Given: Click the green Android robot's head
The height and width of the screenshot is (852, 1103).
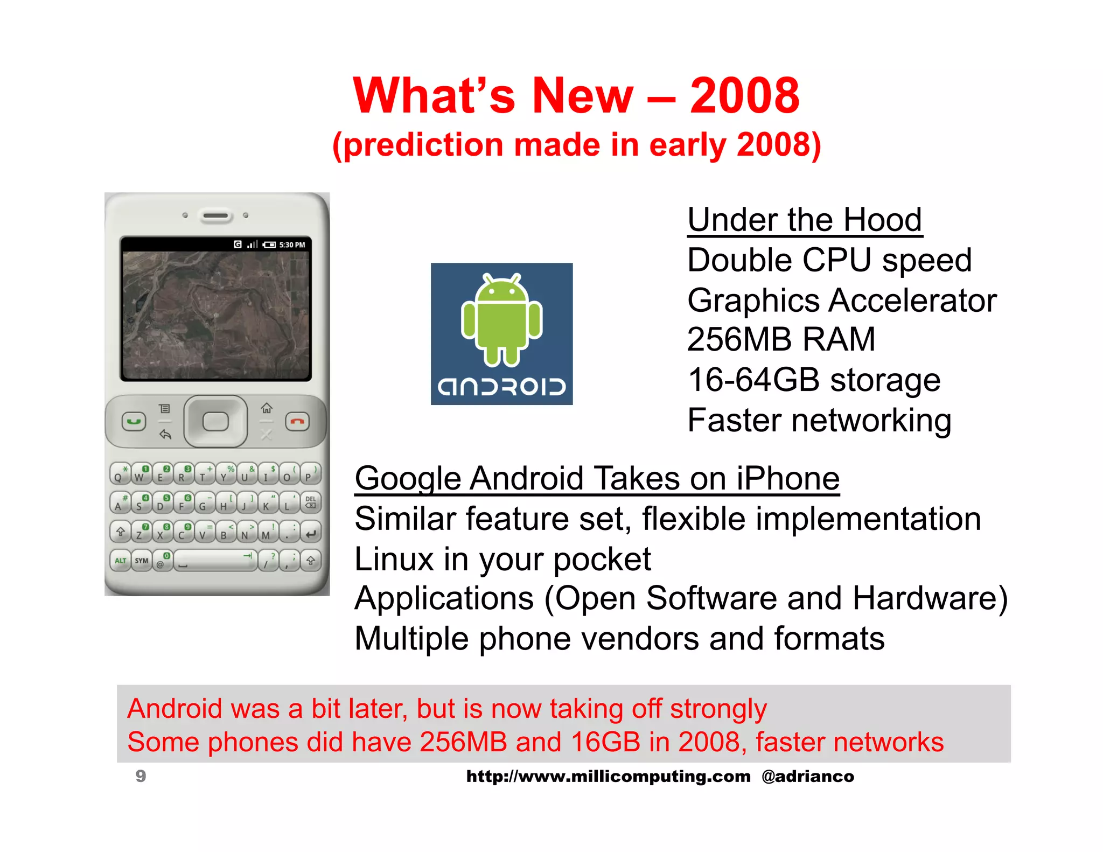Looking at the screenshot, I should (x=501, y=291).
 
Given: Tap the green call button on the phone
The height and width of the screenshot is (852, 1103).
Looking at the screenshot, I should (x=134, y=421).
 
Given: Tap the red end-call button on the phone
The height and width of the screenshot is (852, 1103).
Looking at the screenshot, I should (x=297, y=421).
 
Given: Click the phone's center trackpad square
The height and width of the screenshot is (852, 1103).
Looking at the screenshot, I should (x=215, y=421).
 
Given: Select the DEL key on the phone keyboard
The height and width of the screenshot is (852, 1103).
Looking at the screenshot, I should (x=311, y=502).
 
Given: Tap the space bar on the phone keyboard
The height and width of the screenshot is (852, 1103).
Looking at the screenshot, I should (x=215, y=561).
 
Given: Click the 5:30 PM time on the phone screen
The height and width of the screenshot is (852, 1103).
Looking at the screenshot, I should (x=292, y=245).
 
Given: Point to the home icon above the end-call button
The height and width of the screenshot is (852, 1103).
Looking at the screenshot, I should (x=267, y=408).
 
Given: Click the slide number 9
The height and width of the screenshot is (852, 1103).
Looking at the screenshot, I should (x=141, y=776).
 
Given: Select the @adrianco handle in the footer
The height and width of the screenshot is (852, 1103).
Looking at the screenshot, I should (x=807, y=776).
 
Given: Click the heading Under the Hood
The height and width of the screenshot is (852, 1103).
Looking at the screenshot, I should (x=805, y=220).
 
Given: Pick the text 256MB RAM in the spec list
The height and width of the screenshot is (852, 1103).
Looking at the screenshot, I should (x=781, y=339).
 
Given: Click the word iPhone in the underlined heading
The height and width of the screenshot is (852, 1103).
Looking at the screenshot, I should (x=787, y=478).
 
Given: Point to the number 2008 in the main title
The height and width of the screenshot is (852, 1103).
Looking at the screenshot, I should (x=744, y=95).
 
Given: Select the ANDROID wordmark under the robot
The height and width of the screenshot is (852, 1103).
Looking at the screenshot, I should (x=501, y=387).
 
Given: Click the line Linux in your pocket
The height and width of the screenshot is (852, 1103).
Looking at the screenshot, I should (x=502, y=559).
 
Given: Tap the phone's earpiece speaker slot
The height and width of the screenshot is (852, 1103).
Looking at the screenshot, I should (x=215, y=216).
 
